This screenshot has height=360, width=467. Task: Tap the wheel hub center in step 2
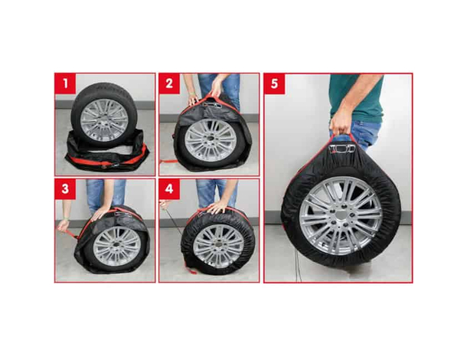point(210,140)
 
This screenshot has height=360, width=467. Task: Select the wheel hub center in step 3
point(117,243)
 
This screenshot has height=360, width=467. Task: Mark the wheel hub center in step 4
point(220,243)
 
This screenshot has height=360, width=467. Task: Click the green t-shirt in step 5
point(356,96)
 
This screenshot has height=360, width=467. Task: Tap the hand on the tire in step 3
point(99,214)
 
